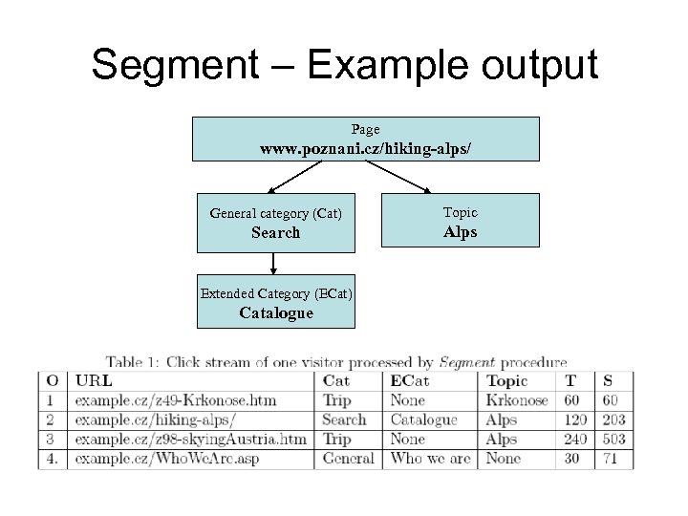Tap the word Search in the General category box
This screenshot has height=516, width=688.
point(275,232)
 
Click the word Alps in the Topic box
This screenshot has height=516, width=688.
point(461,232)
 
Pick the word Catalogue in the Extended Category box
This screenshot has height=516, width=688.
point(275,312)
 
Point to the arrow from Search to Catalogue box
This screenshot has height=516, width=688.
point(274,264)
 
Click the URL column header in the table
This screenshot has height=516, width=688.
point(93,381)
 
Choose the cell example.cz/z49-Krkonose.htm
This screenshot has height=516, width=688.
point(175,400)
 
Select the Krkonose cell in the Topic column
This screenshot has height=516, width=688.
point(515,400)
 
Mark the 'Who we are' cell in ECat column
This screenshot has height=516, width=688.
point(430,459)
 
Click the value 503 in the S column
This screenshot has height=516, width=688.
point(613,440)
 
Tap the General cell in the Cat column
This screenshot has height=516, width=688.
point(349,459)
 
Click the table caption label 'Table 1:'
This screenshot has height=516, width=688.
point(133,362)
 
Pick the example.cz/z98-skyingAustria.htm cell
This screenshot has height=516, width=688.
point(190,440)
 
